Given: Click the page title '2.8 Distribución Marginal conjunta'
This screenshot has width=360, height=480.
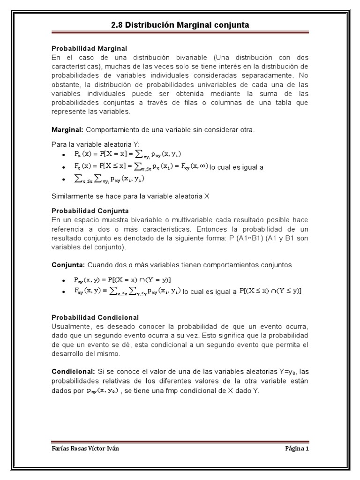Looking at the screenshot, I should [x=180, y=24].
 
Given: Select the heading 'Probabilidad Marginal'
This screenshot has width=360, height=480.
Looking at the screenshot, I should [x=89, y=49].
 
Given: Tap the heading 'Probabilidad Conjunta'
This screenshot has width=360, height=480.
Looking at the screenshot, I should [x=90, y=211].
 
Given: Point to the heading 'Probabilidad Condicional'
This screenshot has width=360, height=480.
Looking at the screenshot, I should [x=95, y=317].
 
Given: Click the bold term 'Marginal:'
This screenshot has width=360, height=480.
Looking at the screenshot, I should [x=67, y=129].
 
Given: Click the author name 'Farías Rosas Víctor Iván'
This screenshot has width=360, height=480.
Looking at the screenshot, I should [x=85, y=448].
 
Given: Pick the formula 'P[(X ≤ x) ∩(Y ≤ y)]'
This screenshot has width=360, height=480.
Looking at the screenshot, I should [x=270, y=291].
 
